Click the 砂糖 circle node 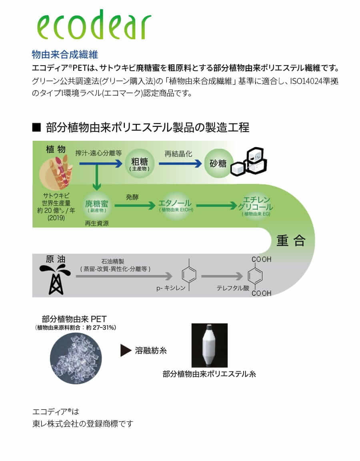(x=218, y=164)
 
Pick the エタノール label (x=174, y=204)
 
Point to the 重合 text (x=291, y=240)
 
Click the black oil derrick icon (x=52, y=278)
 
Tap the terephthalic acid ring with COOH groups (x=256, y=276)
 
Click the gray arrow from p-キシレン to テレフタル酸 (x=222, y=276)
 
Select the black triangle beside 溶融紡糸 (x=126, y=351)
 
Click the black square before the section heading (x=36, y=128)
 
